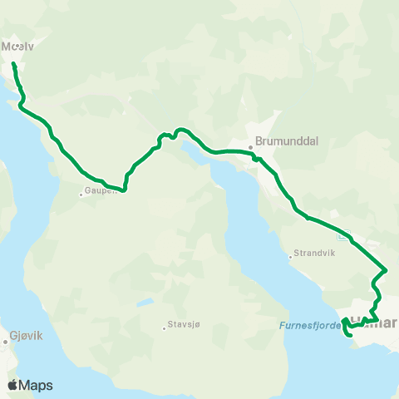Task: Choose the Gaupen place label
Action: [99, 193]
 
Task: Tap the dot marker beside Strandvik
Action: [291, 256]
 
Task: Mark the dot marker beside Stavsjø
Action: [165, 328]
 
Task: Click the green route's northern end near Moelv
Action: [13, 63]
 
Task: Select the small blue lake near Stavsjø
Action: [145, 303]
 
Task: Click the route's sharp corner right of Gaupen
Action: [125, 190]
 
